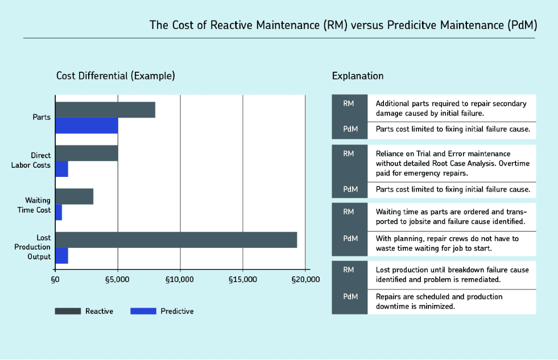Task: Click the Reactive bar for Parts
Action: [105, 110]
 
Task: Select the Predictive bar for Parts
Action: [86, 125]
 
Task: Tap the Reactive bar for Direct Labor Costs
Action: [86, 154]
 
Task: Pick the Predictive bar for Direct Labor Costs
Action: [62, 169]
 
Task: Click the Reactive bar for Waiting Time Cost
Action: [74, 196]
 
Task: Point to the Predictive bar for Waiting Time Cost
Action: [59, 212]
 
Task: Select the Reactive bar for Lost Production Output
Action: [176, 240]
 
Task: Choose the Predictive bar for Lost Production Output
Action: [62, 256]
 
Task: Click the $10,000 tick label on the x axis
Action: [180, 279]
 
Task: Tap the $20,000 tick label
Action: [305, 279]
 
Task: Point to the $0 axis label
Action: [55, 279]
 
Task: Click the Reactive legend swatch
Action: [68, 311]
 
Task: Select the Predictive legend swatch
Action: [143, 311]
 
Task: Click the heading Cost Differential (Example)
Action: [115, 76]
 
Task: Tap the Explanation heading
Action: [358, 76]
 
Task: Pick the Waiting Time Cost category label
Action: [38, 205]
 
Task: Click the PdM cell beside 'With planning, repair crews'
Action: [350, 238]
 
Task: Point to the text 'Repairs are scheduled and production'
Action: [439, 296]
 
